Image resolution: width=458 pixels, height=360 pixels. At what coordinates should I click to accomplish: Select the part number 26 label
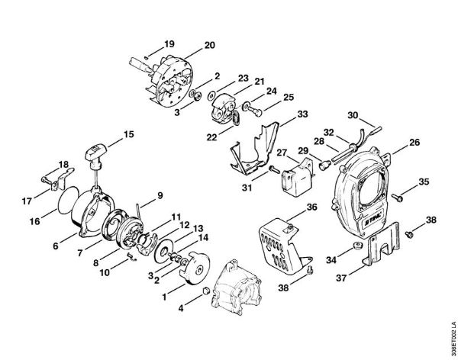click(414, 141)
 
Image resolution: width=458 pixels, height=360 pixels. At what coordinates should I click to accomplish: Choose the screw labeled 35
click(398, 197)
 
